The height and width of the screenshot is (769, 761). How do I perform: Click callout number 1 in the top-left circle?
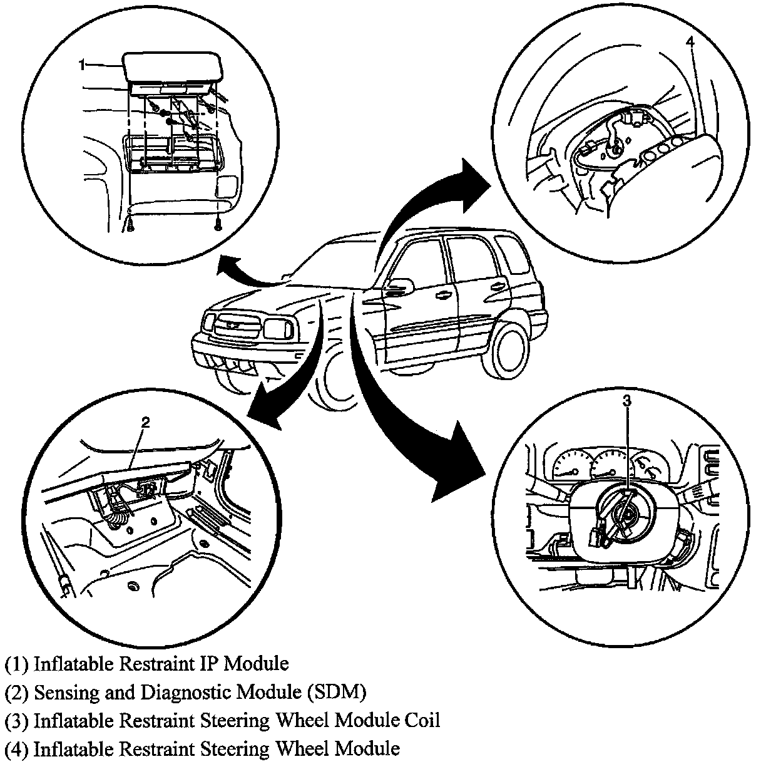point(82,64)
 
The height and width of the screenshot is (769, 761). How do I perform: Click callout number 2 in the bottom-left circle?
point(145,422)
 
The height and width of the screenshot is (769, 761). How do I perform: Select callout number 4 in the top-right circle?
point(690,42)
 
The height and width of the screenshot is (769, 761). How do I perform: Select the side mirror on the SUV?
point(401,287)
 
